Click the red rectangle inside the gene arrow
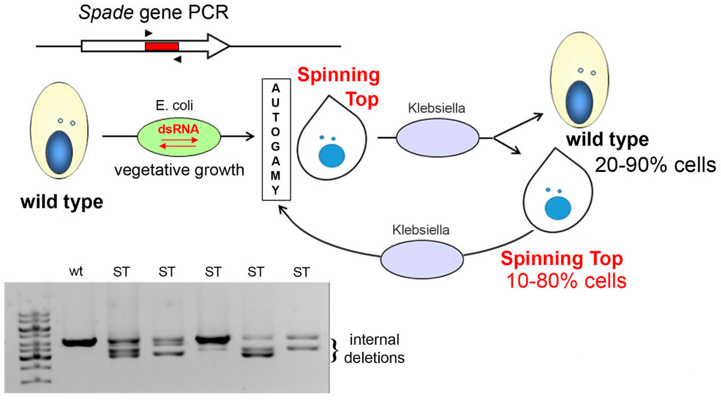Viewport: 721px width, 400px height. pos(162,46)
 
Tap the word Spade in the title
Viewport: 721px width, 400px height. pos(106,12)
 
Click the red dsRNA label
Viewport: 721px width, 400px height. pos(179,129)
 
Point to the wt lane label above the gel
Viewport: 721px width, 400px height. pos(76,271)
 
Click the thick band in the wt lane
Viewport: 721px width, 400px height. pos(79,342)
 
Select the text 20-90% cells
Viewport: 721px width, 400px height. pos(655,165)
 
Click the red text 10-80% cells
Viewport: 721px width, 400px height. pos(566,281)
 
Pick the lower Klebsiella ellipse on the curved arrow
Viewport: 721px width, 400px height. pos(422,259)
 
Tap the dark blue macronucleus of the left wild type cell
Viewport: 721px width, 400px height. pos(59,153)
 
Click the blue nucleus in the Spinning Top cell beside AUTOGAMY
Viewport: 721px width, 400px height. pos(332,156)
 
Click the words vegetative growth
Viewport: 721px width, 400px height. pos(179,170)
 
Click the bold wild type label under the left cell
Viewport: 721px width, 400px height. pos(62,202)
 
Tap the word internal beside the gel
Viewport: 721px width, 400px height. pos(374,340)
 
